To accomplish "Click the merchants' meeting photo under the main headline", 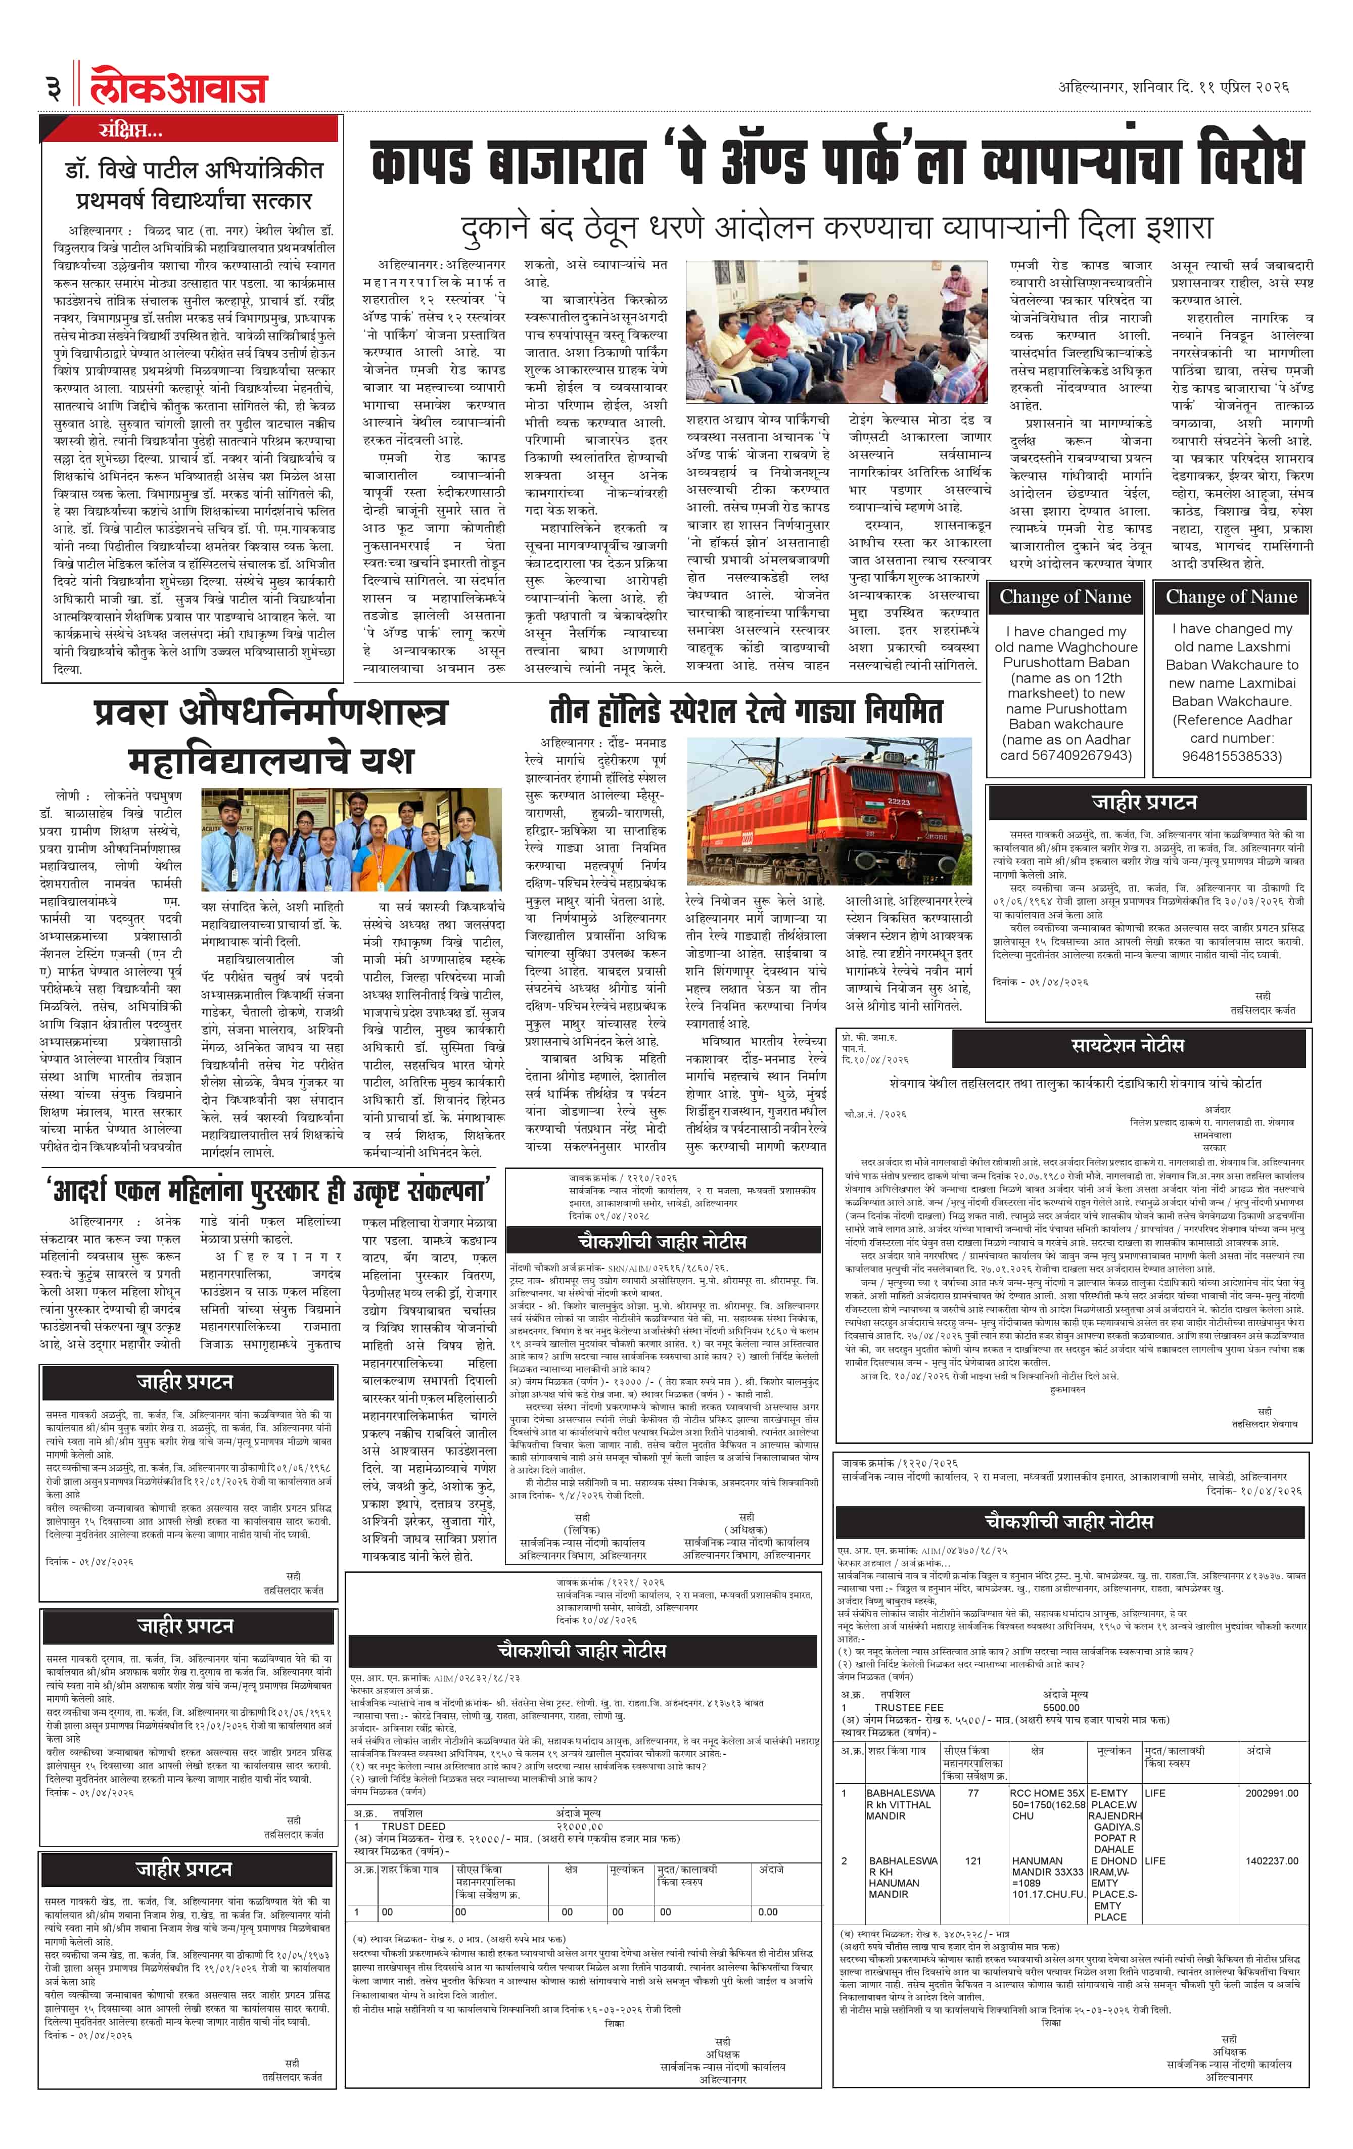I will coord(837,332).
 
